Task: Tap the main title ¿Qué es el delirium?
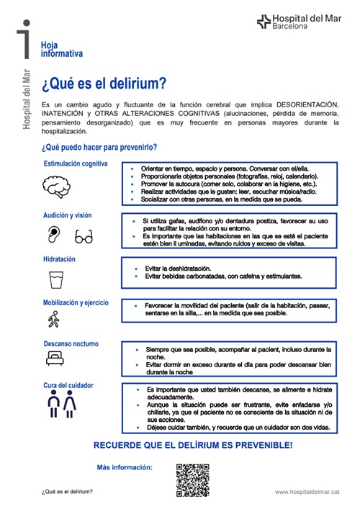104,84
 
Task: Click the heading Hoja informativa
62,49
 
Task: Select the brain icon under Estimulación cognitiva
57,187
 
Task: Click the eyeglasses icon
84,235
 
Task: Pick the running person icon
54,320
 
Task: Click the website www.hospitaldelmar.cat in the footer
307,492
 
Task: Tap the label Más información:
125,467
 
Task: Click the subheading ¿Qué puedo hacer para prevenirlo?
99,148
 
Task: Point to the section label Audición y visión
68,215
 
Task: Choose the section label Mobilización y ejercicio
76,303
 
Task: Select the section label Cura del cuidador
68,385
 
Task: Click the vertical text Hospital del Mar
27,98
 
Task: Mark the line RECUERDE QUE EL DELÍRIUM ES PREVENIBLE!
193,446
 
